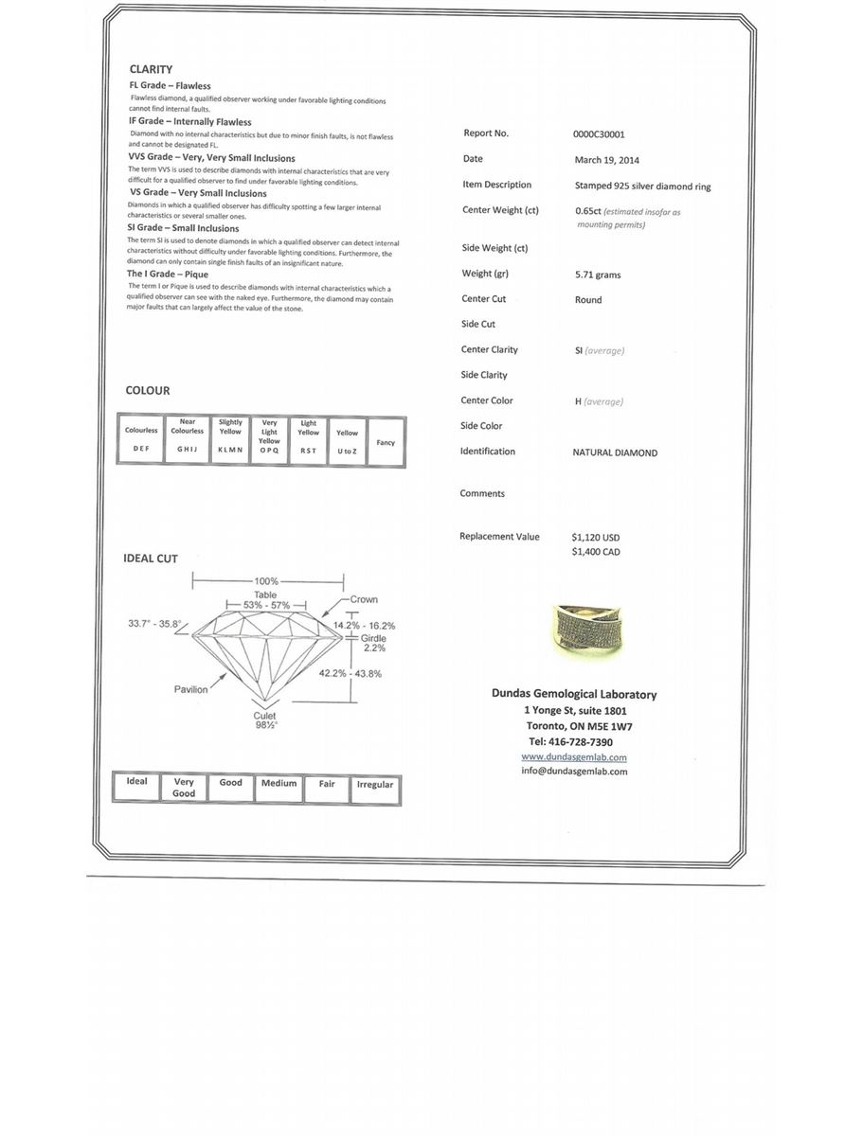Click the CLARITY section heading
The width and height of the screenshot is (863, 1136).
point(151,69)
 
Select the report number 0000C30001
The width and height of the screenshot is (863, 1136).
point(599,134)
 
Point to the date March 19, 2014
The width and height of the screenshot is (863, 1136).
point(606,160)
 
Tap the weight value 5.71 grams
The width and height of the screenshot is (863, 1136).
point(598,275)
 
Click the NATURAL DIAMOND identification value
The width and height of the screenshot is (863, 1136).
point(615,453)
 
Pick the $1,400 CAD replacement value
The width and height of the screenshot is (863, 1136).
point(596,552)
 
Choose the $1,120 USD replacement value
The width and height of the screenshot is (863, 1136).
point(596,537)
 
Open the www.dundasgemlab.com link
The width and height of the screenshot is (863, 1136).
point(574,757)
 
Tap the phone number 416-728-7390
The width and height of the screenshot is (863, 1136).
point(571,741)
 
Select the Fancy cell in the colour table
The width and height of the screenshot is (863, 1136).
point(386,442)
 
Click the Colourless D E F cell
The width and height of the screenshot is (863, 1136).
point(141,440)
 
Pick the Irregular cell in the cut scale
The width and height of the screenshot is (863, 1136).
point(375,786)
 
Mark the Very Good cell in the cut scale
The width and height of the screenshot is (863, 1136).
point(184,788)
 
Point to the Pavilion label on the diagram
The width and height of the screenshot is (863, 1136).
point(190,689)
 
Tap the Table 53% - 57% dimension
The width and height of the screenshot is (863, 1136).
point(266,600)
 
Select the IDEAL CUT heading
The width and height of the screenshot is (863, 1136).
point(151,559)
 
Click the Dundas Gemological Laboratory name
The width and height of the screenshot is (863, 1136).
point(574,694)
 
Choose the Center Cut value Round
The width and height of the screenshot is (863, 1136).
point(588,300)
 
